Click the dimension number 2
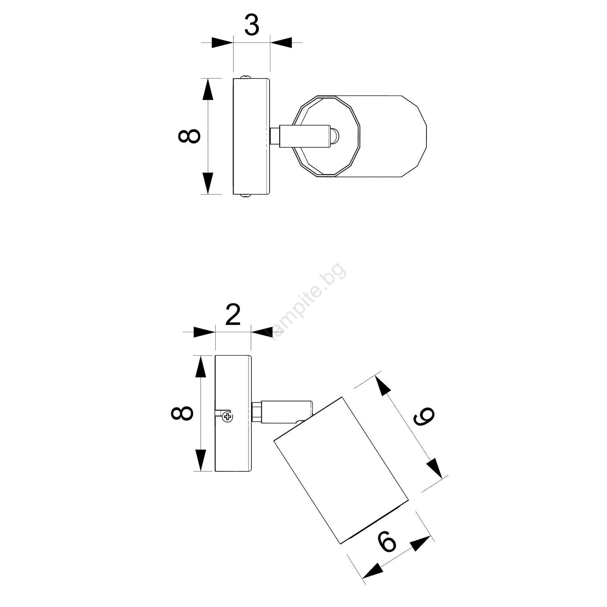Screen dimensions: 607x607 click(x=233, y=315)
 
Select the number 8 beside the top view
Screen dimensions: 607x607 click(x=189, y=136)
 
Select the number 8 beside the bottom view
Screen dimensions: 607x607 click(x=182, y=413)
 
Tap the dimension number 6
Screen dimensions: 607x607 click(x=386, y=541)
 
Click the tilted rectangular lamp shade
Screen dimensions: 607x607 click(x=341, y=470)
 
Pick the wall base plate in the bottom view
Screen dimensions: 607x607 click(x=233, y=413)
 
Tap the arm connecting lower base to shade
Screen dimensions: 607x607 click(x=282, y=412)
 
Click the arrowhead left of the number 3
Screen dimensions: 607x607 click(x=223, y=42)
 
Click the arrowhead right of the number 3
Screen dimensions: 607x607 click(x=281, y=42)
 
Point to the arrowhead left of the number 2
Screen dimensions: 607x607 click(x=204, y=332)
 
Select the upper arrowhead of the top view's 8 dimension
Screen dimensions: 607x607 click(x=208, y=89)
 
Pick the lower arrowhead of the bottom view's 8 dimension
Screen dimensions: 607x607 click(x=201, y=461)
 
